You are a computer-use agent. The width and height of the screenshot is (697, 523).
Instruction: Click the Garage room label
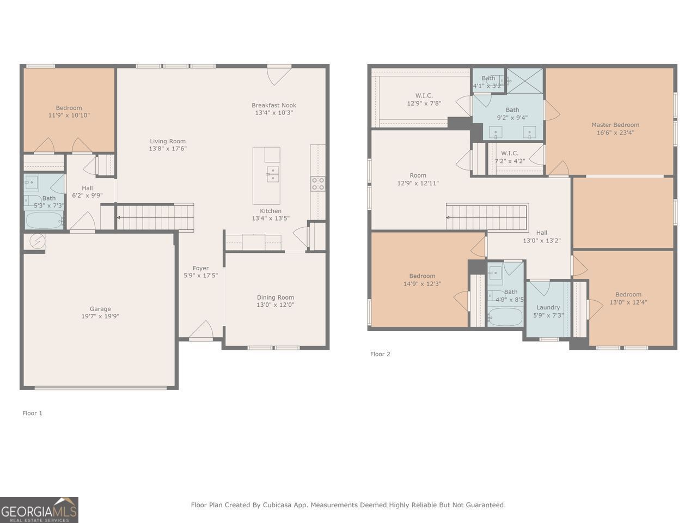pyautogui.click(x=100, y=309)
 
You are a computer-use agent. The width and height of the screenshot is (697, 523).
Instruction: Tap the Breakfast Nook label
pyautogui.click(x=274, y=105)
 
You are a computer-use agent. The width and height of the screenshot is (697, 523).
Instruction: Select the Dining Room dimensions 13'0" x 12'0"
pyautogui.click(x=276, y=305)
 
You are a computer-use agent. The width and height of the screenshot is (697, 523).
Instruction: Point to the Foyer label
pyautogui.click(x=200, y=268)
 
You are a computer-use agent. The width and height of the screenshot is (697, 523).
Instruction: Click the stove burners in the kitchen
pyautogui.click(x=318, y=184)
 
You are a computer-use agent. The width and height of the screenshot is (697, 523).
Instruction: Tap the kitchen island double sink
pyautogui.click(x=273, y=174)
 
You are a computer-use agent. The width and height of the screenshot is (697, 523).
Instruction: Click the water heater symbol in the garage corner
pyautogui.click(x=37, y=242)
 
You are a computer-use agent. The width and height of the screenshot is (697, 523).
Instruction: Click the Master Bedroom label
pyautogui.click(x=615, y=125)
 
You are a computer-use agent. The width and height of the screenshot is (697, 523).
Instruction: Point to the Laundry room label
pyautogui.click(x=548, y=307)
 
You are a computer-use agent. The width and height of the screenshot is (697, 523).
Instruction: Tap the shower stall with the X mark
pyautogui.click(x=524, y=81)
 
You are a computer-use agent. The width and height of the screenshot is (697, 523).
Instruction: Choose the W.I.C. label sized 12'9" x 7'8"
pyautogui.click(x=424, y=99)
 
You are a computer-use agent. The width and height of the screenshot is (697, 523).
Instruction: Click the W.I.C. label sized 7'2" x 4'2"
pyautogui.click(x=510, y=157)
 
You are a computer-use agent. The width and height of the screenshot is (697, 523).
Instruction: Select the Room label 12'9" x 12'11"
pyautogui.click(x=418, y=179)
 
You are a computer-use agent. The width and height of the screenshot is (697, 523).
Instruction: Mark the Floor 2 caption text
pyautogui.click(x=380, y=354)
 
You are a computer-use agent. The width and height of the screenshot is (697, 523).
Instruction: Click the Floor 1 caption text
pyautogui.click(x=32, y=413)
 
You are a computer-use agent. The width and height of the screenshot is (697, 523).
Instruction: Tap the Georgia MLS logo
pyautogui.click(x=39, y=510)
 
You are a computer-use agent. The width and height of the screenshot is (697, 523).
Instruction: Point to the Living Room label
pyautogui.click(x=168, y=141)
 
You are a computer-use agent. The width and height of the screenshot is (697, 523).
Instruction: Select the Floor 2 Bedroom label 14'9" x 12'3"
pyautogui.click(x=422, y=280)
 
